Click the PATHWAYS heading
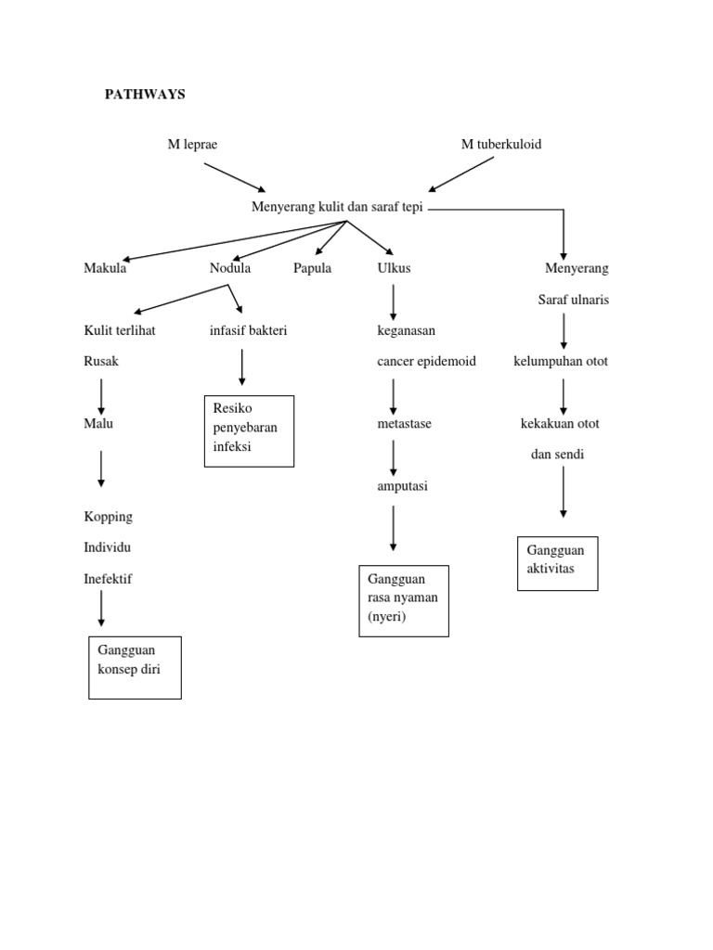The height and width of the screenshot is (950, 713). (x=144, y=95)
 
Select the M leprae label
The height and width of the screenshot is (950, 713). (x=192, y=144)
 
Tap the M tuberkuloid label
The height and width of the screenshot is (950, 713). (x=501, y=144)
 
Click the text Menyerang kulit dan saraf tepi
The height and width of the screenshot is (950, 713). (x=337, y=207)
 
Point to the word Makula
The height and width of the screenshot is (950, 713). (x=105, y=268)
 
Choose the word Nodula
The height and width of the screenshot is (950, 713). (x=230, y=268)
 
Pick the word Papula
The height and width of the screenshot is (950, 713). (x=312, y=268)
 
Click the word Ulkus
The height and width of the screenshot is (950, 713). (x=394, y=268)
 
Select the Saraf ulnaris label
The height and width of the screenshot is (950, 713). (x=574, y=300)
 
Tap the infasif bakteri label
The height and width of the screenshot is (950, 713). (x=248, y=330)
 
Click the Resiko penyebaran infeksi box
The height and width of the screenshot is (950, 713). (x=249, y=430)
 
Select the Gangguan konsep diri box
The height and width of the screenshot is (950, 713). (x=135, y=667)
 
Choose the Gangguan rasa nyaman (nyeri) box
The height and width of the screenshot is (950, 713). (x=404, y=600)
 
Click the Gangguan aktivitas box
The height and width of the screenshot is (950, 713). (x=557, y=563)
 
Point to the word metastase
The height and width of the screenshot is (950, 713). (x=404, y=423)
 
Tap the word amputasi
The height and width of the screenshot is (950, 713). (x=402, y=486)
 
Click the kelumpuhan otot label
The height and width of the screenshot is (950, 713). (x=561, y=361)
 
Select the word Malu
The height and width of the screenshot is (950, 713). (x=98, y=423)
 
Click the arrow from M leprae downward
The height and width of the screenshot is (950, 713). (x=235, y=177)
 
